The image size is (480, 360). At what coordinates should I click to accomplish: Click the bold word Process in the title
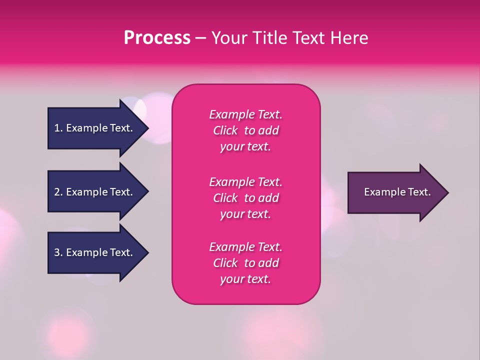pyautogui.click(x=157, y=38)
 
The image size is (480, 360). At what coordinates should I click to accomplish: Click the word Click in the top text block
pyautogui.click(x=225, y=130)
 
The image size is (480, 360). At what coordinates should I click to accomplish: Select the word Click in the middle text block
pyautogui.click(x=225, y=198)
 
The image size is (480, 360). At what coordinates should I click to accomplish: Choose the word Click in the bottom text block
pyautogui.click(x=225, y=263)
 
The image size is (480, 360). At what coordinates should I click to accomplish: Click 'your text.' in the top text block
pyautogui.click(x=245, y=147)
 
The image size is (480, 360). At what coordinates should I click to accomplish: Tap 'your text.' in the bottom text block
pyautogui.click(x=245, y=279)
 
